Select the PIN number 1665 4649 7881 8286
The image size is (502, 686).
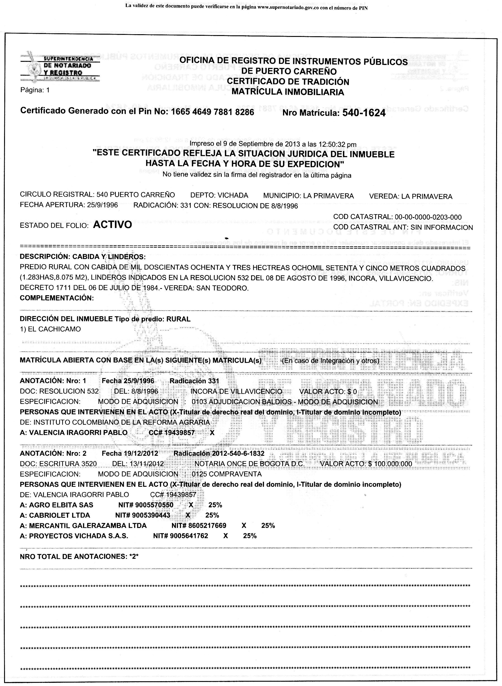[x=212, y=111]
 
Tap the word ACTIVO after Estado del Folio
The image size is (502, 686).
[x=112, y=225]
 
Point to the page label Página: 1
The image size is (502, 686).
[x=35, y=90]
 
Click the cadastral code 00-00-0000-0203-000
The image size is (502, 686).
[x=428, y=217]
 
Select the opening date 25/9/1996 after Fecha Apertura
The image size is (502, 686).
[x=102, y=205]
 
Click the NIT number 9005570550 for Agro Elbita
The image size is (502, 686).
[x=154, y=505]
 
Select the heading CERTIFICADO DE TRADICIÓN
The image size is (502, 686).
[x=288, y=82]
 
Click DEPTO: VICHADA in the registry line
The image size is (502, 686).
[x=219, y=196]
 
